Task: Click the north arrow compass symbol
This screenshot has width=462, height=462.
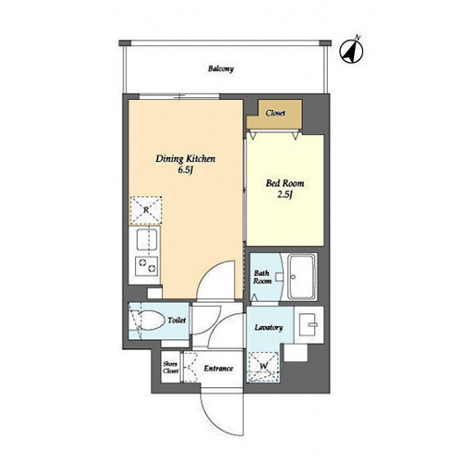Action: (351, 51)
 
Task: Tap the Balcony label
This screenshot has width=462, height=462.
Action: (221, 68)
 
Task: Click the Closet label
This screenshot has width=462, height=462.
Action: (275, 113)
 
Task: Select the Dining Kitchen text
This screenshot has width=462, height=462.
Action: (186, 159)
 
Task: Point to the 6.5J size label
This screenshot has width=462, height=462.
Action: (185, 170)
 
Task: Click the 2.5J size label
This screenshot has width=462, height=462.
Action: (285, 195)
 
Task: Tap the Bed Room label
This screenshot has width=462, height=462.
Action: (285, 183)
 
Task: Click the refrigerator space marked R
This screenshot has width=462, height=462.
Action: (146, 210)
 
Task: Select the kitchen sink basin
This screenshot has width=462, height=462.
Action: (147, 239)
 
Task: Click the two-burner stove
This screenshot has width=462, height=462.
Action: (147, 266)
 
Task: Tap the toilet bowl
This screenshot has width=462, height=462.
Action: (151, 321)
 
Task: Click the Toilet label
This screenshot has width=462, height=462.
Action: (176, 321)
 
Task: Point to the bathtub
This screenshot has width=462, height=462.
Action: (302, 277)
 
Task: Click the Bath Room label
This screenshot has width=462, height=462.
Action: (262, 277)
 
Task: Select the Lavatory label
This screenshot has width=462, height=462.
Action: (269, 327)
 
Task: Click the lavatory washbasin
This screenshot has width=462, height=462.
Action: (308, 324)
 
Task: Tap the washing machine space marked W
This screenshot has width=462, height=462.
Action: (263, 367)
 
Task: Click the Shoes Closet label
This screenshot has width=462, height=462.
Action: (171, 368)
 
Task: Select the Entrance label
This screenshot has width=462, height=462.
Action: (218, 369)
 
